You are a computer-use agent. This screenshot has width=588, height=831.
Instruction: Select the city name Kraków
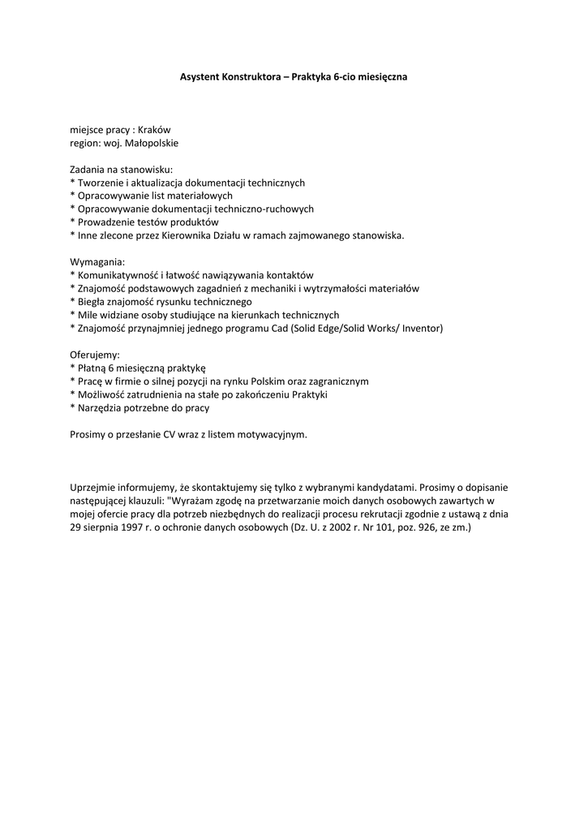[154, 130]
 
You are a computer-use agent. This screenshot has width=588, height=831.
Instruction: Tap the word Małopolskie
[150, 143]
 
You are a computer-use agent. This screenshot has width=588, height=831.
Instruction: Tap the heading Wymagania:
[98, 262]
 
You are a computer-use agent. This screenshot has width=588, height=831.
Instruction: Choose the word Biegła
[91, 301]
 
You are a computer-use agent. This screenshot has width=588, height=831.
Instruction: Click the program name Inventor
[418, 328]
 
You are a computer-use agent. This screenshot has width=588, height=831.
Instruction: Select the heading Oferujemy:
[95, 355]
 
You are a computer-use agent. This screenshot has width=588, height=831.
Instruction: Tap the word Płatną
[92, 368]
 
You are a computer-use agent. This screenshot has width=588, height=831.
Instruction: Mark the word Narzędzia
[98, 407]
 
